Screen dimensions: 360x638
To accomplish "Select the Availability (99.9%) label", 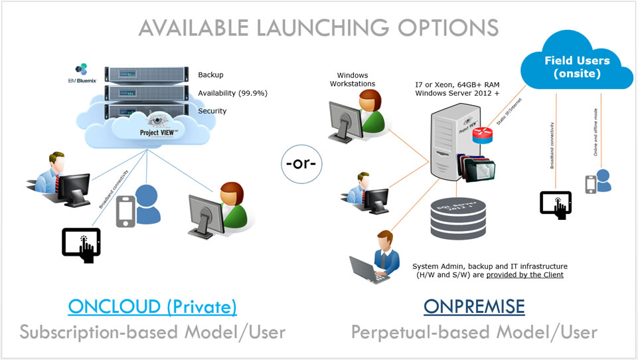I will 232,93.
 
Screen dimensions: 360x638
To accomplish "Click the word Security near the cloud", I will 212,111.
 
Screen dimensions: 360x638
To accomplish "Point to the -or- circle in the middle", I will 300,163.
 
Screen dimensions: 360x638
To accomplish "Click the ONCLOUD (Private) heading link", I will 153,306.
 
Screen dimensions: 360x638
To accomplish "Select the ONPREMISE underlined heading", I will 474,306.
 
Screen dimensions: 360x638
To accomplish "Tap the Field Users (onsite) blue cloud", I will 577,66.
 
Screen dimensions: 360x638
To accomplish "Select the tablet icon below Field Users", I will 555,205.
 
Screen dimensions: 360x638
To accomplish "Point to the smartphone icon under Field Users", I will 590,184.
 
